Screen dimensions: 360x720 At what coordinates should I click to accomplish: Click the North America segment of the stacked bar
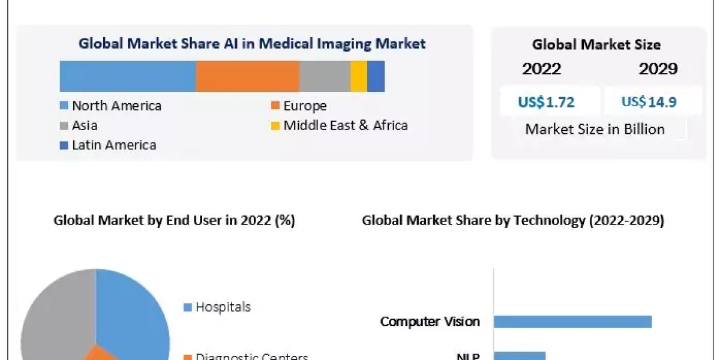(x=128, y=76)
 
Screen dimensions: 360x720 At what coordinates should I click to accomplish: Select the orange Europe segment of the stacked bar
(x=247, y=76)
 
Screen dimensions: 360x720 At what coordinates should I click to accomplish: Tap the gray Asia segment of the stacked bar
(x=325, y=76)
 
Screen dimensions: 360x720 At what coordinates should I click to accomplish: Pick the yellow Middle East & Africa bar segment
(x=359, y=76)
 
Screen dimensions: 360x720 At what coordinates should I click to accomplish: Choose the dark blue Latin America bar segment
(x=376, y=76)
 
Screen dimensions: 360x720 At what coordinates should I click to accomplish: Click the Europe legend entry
(x=299, y=106)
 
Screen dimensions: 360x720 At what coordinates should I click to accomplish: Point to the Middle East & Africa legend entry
(x=340, y=125)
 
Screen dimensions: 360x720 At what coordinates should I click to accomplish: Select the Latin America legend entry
(x=108, y=145)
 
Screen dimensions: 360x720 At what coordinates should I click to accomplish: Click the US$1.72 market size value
(x=546, y=102)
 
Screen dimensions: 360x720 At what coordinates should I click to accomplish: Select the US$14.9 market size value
(x=649, y=102)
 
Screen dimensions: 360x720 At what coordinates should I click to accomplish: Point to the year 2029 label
(x=658, y=69)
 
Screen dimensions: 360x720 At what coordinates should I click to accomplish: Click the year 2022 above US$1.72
(x=541, y=69)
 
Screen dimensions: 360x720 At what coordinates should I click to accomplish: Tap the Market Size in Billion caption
(x=595, y=129)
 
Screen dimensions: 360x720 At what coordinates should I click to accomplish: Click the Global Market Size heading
(x=596, y=44)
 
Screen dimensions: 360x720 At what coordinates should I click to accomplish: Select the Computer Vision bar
(x=572, y=322)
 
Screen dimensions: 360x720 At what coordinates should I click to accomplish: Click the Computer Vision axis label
(x=430, y=322)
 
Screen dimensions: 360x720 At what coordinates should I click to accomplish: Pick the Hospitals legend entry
(x=217, y=307)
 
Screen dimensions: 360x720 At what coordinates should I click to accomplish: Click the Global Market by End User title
(x=174, y=221)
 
